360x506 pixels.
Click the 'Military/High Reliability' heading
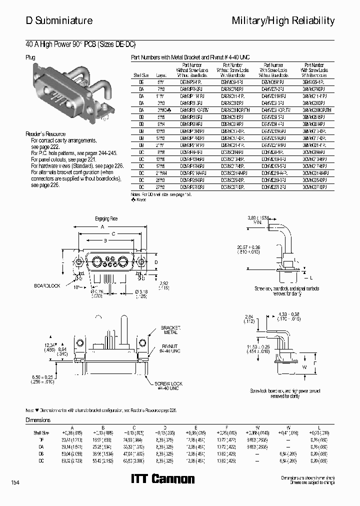tap(283, 20)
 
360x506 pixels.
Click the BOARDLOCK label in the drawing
tap(46, 285)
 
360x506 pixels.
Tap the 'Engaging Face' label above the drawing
tap(106, 219)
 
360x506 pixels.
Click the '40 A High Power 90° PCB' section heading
tap(80, 43)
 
